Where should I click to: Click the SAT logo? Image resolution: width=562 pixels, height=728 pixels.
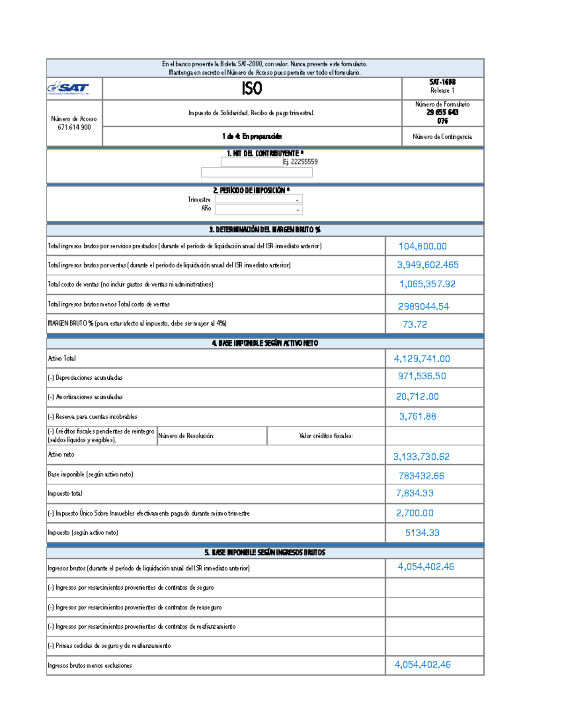click(68, 88)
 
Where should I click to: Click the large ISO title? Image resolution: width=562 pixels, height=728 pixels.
click(251, 89)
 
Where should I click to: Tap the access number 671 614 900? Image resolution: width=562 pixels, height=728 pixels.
click(74, 128)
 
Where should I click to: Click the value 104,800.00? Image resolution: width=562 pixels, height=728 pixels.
click(422, 246)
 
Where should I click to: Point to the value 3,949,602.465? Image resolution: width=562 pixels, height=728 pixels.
click(428, 265)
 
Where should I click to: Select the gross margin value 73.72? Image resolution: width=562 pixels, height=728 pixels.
click(414, 324)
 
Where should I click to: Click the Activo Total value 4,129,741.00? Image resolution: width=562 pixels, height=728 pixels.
click(421, 359)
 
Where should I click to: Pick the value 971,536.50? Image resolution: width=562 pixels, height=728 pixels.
click(421, 376)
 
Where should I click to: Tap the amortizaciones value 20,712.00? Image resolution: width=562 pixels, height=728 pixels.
click(417, 397)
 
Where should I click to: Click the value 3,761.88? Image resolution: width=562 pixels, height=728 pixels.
click(417, 416)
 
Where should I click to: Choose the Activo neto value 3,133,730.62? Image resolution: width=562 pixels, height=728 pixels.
click(421, 457)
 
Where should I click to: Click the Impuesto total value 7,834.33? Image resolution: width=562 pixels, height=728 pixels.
click(414, 493)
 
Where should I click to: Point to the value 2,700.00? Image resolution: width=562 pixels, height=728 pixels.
click(414, 513)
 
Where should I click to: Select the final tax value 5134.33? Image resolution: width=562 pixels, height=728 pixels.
click(422, 533)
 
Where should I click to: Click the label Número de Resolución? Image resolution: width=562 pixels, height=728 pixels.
click(186, 436)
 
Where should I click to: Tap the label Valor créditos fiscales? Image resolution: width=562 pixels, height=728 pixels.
click(326, 436)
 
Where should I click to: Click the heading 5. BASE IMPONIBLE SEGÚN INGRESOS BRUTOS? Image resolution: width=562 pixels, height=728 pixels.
click(265, 552)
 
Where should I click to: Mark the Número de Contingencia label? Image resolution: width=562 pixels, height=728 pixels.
click(442, 137)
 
